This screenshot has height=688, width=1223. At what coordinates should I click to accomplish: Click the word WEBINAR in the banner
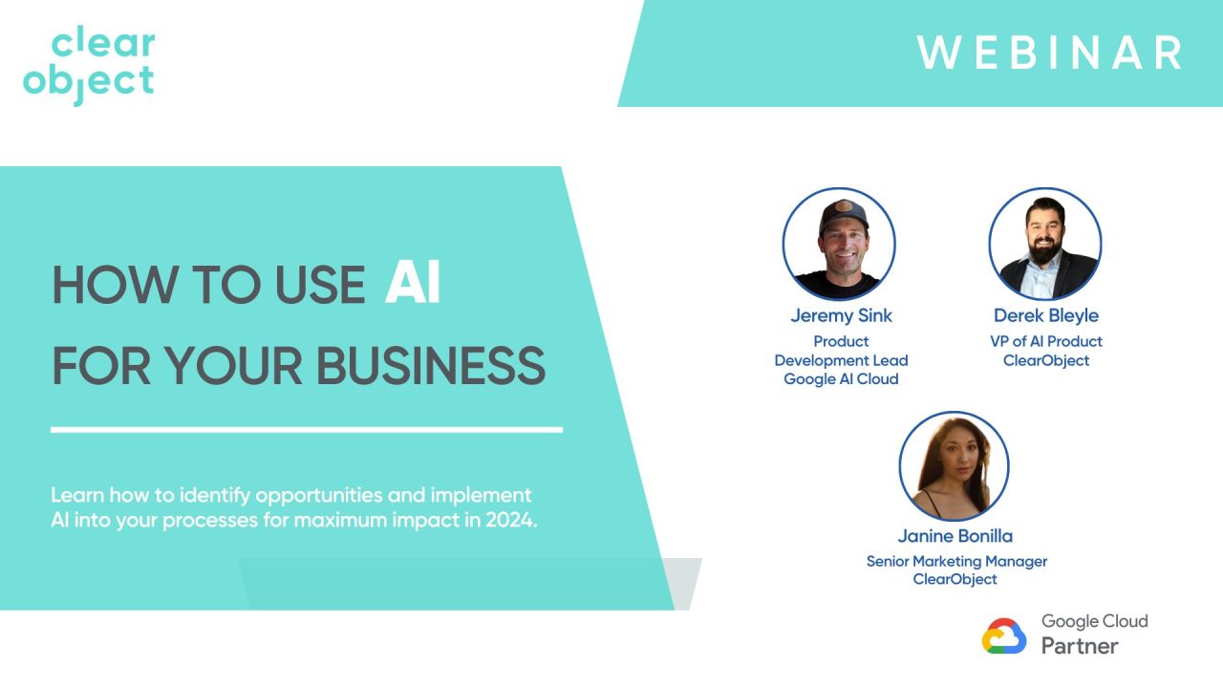coord(1050,53)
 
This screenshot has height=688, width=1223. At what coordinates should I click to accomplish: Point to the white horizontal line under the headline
coord(306,430)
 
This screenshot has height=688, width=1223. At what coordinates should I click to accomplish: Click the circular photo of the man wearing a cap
coord(839,245)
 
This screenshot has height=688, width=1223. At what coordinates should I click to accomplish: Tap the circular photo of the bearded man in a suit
coord(1045,245)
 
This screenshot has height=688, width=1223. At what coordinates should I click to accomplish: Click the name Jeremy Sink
coord(841,315)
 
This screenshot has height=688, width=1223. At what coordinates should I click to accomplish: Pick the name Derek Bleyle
coord(1045,315)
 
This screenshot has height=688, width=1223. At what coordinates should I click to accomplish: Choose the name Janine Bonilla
coord(955,535)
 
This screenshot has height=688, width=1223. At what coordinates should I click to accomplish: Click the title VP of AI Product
coord(1046,341)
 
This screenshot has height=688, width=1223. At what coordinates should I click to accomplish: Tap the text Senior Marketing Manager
coord(956,561)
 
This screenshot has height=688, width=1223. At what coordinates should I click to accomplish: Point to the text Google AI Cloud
coord(841,378)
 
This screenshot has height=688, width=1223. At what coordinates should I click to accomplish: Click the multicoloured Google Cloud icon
coord(1004,636)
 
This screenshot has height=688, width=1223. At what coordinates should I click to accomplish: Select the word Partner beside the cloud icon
coord(1080,646)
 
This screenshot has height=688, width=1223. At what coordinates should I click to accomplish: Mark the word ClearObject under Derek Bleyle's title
coord(1046,360)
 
